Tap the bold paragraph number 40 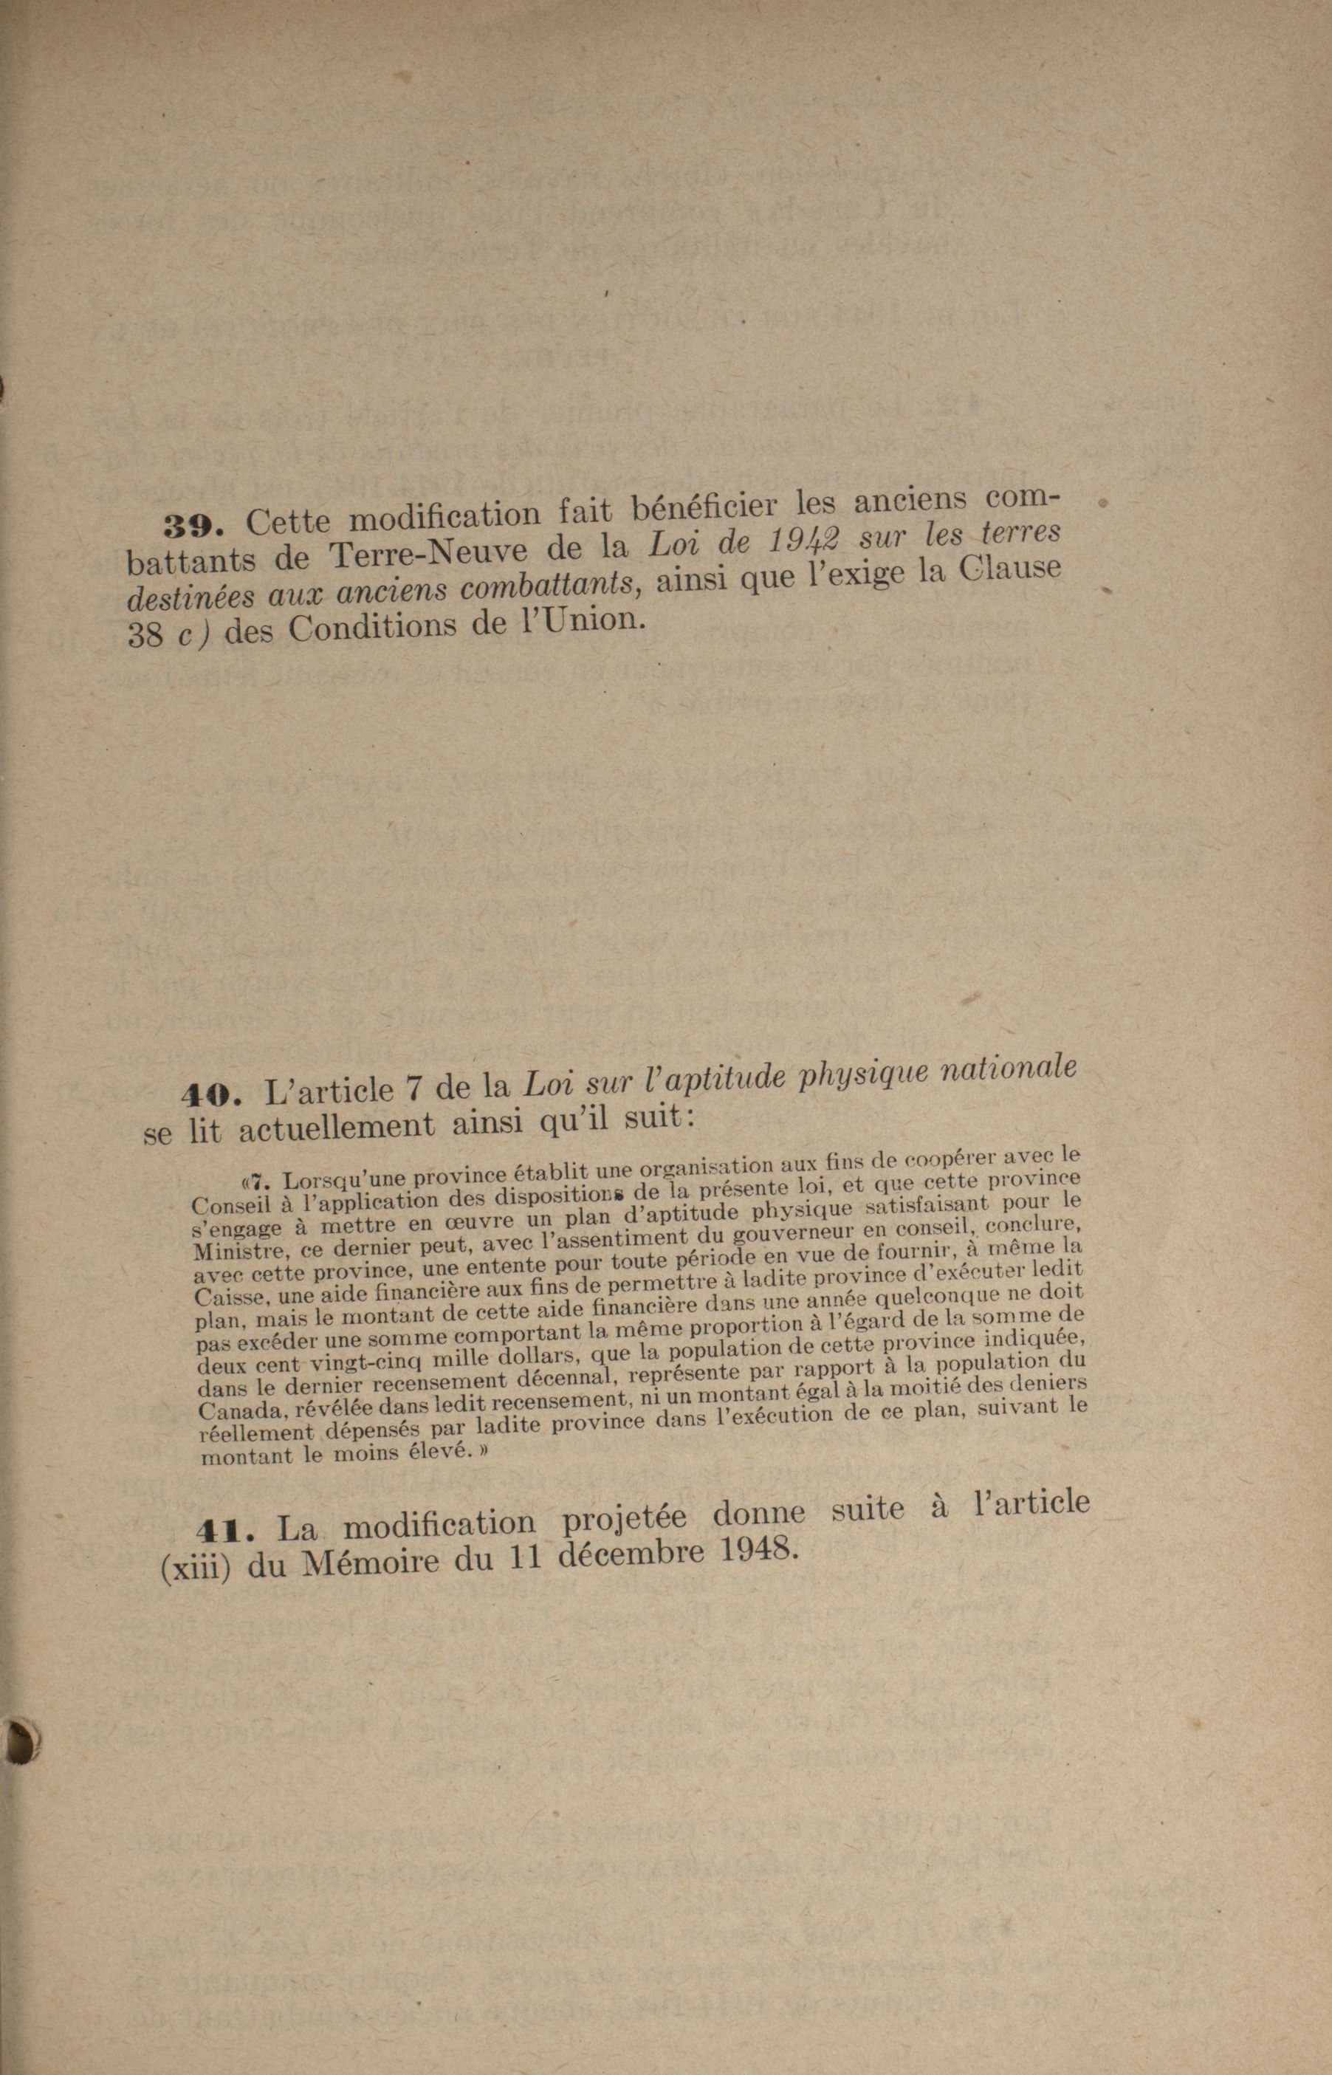tap(208, 1095)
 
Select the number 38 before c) tap(145, 636)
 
